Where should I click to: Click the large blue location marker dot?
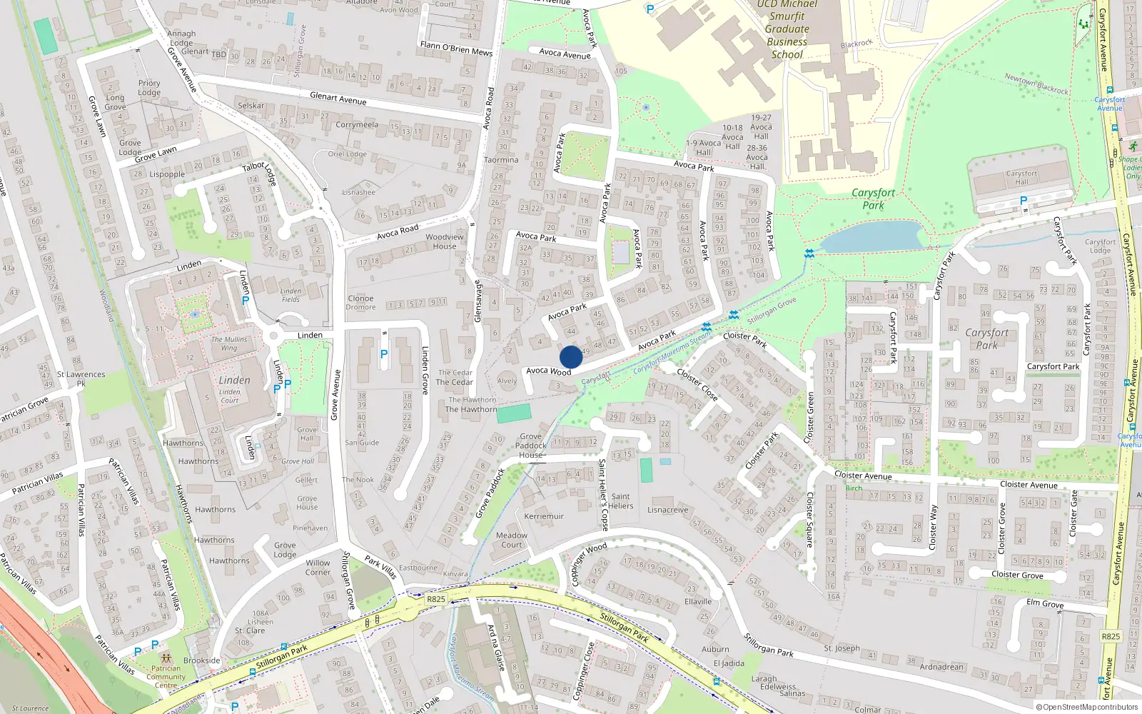point(571,357)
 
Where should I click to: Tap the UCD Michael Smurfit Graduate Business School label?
point(787,29)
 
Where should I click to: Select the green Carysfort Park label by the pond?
point(873,199)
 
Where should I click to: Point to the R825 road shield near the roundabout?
point(435,599)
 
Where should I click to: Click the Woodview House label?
point(444,241)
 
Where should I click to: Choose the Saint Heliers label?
point(620,501)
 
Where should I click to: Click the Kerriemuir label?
point(544,516)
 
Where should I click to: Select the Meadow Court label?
point(511,540)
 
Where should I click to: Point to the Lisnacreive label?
point(667,510)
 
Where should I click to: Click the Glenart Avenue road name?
point(338,99)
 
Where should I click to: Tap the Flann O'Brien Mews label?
point(456,49)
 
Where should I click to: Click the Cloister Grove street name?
point(1017,574)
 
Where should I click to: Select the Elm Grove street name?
point(1045,603)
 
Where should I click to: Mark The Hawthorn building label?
point(471,409)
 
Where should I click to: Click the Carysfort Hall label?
point(1021,178)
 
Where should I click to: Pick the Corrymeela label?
point(357,125)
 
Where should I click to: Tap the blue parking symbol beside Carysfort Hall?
point(1024,201)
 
